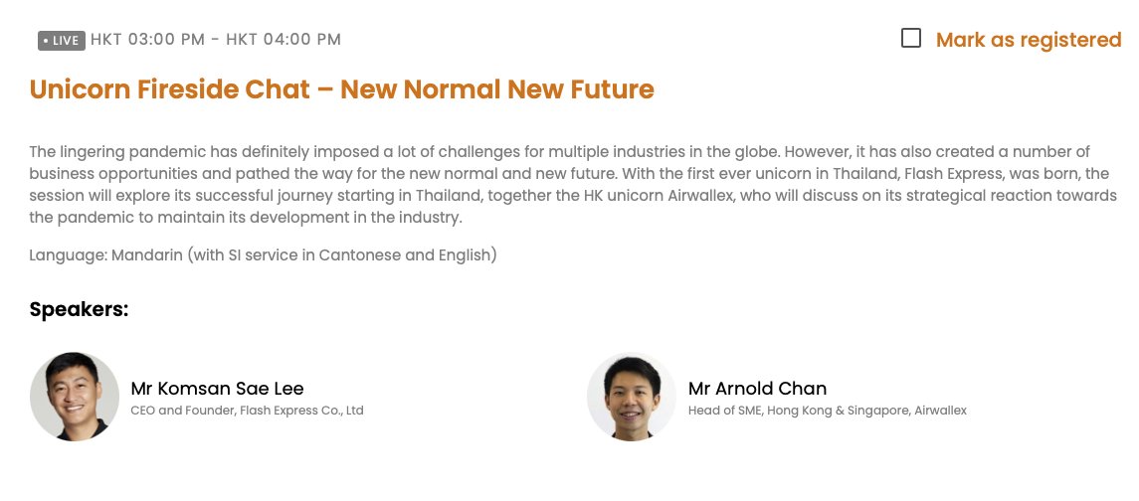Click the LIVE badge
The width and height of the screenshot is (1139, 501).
(62, 41)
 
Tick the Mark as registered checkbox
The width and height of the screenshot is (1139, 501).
(910, 39)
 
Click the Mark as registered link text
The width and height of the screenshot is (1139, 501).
(1028, 40)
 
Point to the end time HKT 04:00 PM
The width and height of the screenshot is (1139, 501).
(284, 40)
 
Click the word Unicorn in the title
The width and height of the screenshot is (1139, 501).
(73, 89)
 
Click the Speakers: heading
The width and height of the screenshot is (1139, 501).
(80, 309)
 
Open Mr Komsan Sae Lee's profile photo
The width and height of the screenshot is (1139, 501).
(75, 397)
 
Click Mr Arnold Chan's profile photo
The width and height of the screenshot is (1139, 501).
(632, 397)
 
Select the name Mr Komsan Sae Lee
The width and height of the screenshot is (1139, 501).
(217, 388)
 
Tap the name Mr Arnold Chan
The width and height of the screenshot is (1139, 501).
(757, 388)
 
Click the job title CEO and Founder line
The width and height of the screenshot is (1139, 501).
(247, 411)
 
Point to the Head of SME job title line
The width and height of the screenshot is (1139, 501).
(827, 411)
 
